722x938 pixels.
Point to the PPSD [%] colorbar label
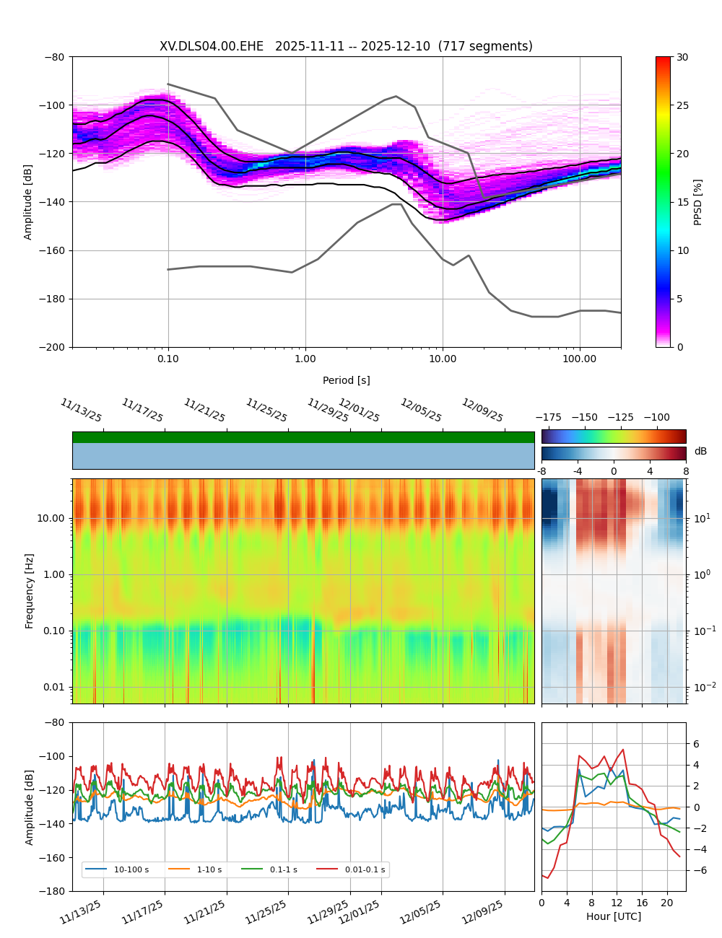click(x=698, y=202)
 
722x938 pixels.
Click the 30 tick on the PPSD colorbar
click(x=682, y=57)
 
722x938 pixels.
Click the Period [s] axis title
click(x=347, y=380)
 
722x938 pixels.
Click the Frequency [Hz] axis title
click(x=30, y=591)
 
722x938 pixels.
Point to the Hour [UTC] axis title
click(x=614, y=916)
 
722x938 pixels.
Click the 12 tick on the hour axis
click(x=617, y=903)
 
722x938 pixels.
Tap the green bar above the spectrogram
click(x=303, y=437)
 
